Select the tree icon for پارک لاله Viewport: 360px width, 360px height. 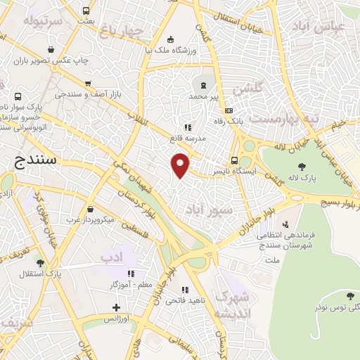click(x=302, y=167)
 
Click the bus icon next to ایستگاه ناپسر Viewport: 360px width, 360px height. click(x=234, y=160)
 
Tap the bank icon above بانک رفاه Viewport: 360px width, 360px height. click(x=229, y=110)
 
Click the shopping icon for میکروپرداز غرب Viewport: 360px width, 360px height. click(x=91, y=209)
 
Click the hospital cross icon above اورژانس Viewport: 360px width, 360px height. click(x=117, y=307)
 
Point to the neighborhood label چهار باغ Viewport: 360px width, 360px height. click(x=122, y=30)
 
